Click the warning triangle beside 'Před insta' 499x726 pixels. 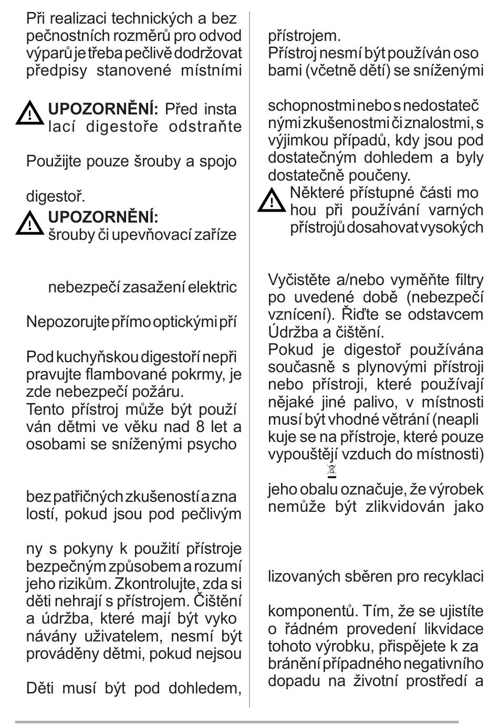click(x=30, y=113)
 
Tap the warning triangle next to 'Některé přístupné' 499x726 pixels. click(x=271, y=200)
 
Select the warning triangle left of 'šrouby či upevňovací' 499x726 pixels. click(x=30, y=223)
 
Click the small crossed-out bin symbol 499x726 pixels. click(x=331, y=470)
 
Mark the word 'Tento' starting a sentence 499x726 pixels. click(x=45, y=409)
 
